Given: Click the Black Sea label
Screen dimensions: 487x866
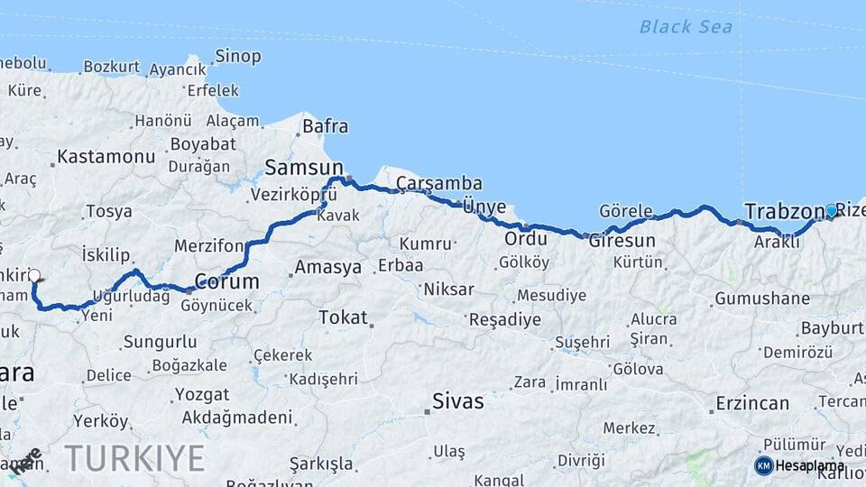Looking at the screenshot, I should click(x=686, y=26).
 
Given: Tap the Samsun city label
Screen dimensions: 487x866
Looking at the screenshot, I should click(x=304, y=168).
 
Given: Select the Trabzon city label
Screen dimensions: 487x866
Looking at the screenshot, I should click(x=781, y=212).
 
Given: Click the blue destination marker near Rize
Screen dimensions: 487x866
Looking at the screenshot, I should click(x=831, y=210).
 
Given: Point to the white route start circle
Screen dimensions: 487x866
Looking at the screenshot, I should click(x=34, y=275).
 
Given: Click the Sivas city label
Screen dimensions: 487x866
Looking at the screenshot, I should click(x=457, y=400).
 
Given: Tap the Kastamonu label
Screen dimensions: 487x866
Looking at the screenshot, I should click(x=106, y=157).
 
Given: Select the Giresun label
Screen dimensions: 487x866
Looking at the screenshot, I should click(x=622, y=241).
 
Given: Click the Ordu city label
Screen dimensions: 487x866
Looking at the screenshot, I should click(x=526, y=240).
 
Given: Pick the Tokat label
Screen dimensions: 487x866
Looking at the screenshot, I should click(x=343, y=317).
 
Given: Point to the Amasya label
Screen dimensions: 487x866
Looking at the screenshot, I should click(x=327, y=268).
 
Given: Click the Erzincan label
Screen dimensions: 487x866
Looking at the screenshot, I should click(x=752, y=403).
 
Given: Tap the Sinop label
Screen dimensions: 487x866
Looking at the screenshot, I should click(x=238, y=57).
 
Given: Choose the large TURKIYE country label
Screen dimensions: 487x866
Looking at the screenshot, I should click(x=134, y=458).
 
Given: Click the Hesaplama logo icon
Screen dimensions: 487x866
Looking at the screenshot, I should click(x=763, y=465).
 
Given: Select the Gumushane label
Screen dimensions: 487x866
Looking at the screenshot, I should click(x=762, y=299).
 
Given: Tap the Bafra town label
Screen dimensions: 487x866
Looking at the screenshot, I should click(x=325, y=126).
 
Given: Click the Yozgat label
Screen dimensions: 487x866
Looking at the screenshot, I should click(x=202, y=394).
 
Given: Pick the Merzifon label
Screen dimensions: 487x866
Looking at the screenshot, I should click(x=209, y=245).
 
